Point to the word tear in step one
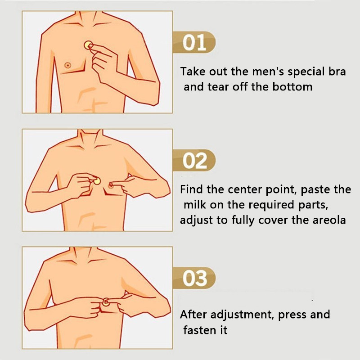(x=219, y=87)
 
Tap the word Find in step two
(x=192, y=190)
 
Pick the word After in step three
(x=194, y=314)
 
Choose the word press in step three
(x=294, y=315)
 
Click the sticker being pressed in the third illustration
(x=106, y=301)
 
